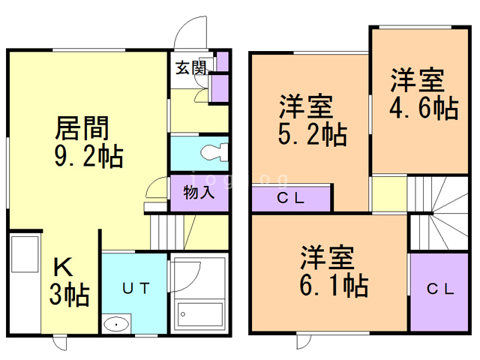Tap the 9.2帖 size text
88,157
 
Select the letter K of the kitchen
62,266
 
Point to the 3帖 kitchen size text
69,294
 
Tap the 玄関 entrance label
190,68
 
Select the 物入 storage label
199,191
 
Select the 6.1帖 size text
334,284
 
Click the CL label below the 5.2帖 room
292,199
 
